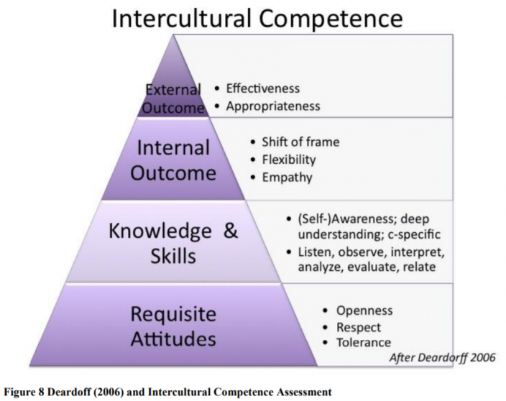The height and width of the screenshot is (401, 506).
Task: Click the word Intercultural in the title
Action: coord(181,19)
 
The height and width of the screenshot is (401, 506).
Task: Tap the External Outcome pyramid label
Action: coord(173,98)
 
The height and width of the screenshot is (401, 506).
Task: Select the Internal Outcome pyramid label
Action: coord(173,160)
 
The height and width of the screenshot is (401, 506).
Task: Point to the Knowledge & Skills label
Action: coord(173,244)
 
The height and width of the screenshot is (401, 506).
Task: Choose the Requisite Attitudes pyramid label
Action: coord(173,326)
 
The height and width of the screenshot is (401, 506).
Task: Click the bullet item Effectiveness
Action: coord(262,88)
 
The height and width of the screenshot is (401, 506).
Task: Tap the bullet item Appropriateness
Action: coord(273,106)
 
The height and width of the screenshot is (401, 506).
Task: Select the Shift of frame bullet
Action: coord(300,142)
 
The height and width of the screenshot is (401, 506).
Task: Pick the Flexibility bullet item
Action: coord(289,160)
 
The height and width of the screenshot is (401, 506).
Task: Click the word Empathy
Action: coord(287,178)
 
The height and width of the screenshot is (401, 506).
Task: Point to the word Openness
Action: coord(364,310)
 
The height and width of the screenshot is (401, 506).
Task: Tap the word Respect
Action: coord(359,328)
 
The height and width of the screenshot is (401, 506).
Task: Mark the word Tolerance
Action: coord(364,343)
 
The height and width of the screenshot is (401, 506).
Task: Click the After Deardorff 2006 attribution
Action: coord(443,357)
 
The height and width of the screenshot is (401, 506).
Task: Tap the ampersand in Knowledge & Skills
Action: coord(231,231)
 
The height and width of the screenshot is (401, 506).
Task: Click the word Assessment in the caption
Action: coord(304,392)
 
